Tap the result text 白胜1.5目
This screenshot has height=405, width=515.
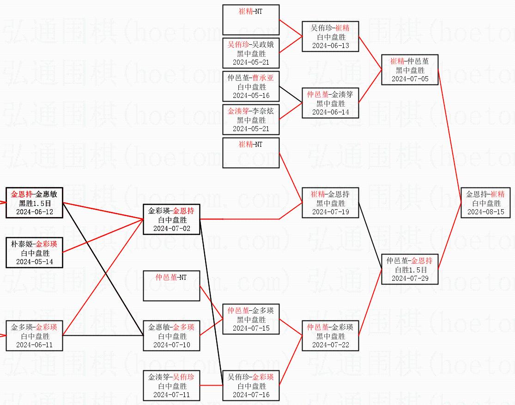coord(410,270)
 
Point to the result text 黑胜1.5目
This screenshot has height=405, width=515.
coord(34,203)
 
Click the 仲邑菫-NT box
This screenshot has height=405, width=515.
coord(171,286)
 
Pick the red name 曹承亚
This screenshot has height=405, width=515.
coord(262,78)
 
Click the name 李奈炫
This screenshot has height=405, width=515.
coord(264,111)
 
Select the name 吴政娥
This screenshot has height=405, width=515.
coord(264,45)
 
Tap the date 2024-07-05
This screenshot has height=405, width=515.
coord(410,79)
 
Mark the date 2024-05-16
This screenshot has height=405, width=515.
coord(251,96)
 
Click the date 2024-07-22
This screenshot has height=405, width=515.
coord(330,345)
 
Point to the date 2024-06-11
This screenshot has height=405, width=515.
coord(34,345)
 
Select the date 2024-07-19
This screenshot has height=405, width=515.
coord(330,212)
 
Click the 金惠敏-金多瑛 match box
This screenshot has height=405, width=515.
coord(171,336)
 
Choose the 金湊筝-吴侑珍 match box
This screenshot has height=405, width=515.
coord(171,386)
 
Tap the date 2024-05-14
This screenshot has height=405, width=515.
coord(34,262)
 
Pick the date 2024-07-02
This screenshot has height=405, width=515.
coord(171,229)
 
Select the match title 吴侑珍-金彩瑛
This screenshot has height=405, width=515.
coord(251,377)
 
